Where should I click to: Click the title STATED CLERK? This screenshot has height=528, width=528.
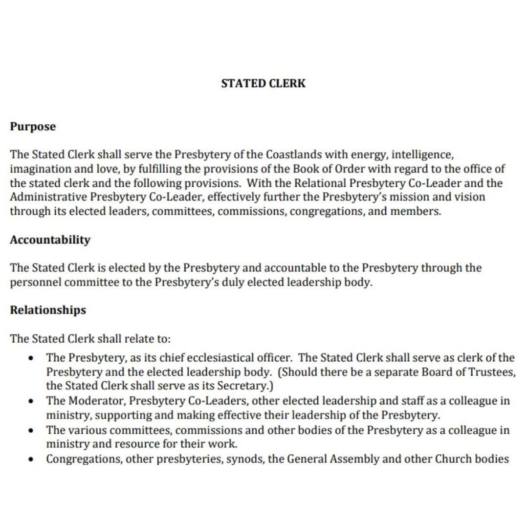coord(263,84)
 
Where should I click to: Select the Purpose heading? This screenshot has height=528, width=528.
coord(33,127)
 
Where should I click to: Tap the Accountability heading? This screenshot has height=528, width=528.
coord(50,240)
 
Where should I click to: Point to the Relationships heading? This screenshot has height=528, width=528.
coord(48,310)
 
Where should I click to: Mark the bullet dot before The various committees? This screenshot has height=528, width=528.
coord(31,431)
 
